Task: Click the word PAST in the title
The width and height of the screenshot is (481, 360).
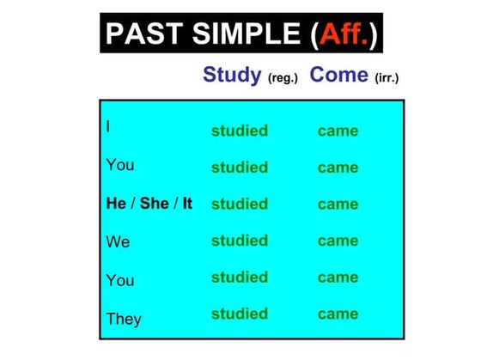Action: coord(144,34)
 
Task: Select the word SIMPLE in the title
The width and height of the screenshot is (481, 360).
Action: coord(247,34)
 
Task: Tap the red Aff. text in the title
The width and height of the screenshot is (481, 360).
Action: coord(344,34)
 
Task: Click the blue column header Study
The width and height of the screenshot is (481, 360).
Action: coord(232,75)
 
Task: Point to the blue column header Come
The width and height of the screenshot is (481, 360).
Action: coord(338,75)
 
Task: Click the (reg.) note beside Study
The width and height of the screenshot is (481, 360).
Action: coord(283,78)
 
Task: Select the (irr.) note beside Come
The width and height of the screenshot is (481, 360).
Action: coord(387,78)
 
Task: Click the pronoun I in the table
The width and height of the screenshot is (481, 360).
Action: coord(108,126)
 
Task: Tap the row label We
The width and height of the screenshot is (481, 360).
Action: coord(118,241)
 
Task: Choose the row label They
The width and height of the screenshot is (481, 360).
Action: coord(124,319)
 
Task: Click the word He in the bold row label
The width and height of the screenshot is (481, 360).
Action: coord(116,203)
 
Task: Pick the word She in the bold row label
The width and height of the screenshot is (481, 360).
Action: coord(155,203)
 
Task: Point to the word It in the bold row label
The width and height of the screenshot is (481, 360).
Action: coord(187,203)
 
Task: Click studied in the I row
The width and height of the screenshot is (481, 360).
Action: coord(240,131)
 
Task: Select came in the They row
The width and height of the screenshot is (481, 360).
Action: coord(338,314)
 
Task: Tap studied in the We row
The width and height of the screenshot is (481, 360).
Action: coord(240,241)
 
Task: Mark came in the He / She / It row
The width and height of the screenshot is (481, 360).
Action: coord(338,204)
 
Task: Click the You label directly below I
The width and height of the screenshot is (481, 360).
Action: coord(120,165)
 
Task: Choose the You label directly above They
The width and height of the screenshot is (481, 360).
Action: coord(120,280)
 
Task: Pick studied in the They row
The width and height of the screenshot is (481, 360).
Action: coord(240,314)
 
